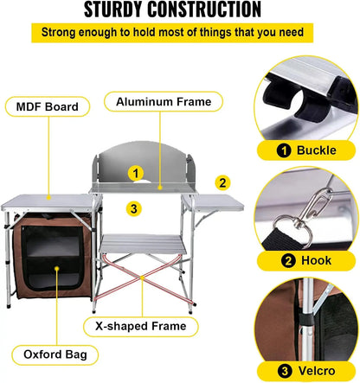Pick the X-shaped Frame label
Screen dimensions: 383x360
(135, 327)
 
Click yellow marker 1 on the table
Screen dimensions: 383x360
(135, 173)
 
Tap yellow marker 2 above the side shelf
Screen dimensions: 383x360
(222, 182)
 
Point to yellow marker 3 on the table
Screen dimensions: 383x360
(132, 207)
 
